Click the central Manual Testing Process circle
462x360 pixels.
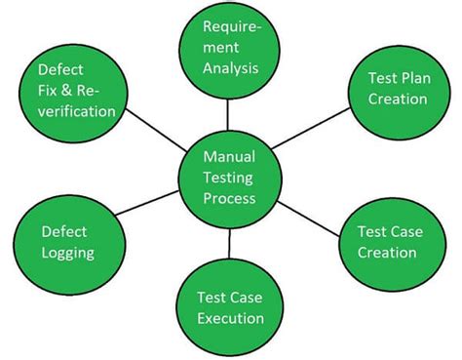pos(230,177)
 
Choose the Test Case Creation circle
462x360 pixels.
pos(387,242)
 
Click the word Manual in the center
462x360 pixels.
pos(230,156)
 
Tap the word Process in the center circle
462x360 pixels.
pos(231,198)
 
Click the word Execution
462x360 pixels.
pos(230,318)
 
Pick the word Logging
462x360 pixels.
pos(67,254)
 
